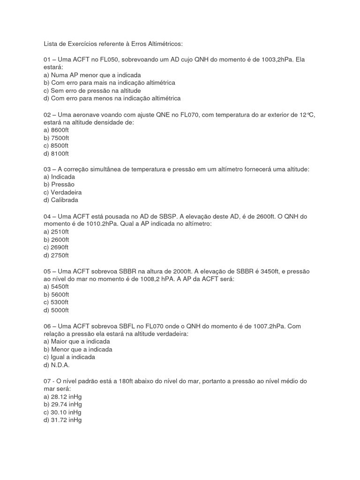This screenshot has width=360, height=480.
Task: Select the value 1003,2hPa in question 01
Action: [280, 60]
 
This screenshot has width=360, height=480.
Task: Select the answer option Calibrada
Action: [59, 200]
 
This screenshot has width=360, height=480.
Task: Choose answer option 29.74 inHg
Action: [62, 404]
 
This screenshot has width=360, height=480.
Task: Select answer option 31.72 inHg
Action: [62, 420]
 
